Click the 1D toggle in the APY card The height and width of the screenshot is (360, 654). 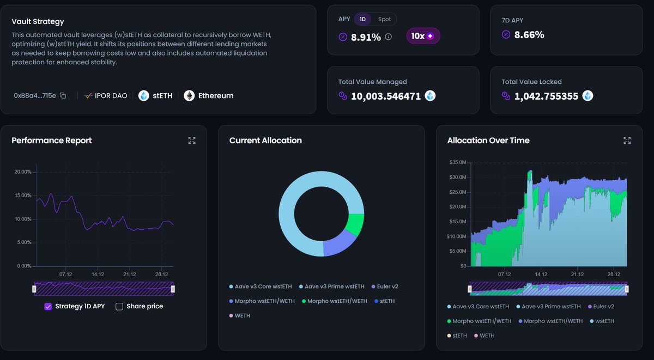(362, 19)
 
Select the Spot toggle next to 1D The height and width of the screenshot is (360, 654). (384, 19)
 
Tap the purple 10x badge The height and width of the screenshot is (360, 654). (423, 36)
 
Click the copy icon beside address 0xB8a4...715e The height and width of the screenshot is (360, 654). (63, 96)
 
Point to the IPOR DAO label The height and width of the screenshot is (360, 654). (111, 96)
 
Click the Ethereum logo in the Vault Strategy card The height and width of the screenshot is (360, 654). (189, 96)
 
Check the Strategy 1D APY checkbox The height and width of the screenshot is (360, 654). (48, 307)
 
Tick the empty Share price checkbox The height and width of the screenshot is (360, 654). (119, 307)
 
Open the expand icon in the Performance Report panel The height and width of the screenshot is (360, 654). (192, 141)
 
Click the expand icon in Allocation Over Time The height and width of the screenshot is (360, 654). (627, 141)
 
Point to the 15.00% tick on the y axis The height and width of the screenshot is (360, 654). (23, 196)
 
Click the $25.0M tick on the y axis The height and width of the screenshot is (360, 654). (457, 192)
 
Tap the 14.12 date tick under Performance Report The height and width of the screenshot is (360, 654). (98, 274)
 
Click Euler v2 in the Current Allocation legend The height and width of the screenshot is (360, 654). (387, 286)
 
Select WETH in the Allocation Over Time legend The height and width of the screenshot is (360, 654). (487, 335)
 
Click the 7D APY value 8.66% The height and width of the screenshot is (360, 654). (529, 35)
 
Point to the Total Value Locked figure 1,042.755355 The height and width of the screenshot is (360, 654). (546, 96)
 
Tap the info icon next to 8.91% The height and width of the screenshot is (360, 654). (388, 37)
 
